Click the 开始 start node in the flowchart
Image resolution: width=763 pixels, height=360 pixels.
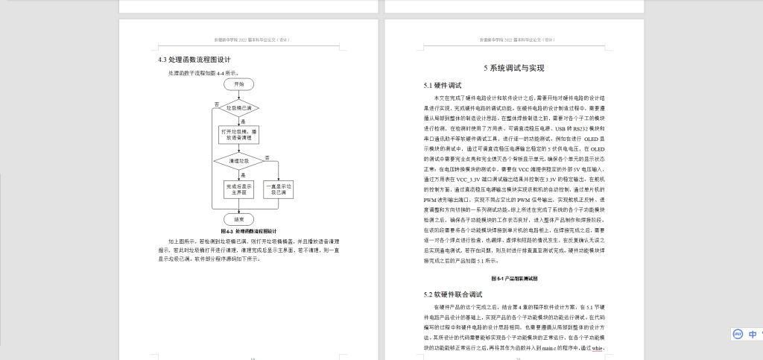tap(238, 84)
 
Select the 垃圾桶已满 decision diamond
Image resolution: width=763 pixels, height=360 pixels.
tap(238, 108)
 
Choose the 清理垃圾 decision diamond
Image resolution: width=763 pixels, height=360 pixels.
tap(238, 160)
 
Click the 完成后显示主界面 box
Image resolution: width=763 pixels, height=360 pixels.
tap(238, 190)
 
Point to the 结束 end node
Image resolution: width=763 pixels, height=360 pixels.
tap(238, 219)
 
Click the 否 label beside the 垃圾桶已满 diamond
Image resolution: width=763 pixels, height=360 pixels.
tap(217, 104)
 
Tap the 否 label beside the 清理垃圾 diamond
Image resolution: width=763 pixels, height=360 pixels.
tap(267, 157)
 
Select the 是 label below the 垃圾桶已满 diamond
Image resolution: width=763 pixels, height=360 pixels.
tap(243, 121)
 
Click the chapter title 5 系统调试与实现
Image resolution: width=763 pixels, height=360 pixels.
tap(513, 69)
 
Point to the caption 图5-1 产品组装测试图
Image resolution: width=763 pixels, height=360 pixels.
tap(514, 278)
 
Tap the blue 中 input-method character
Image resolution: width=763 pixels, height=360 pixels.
tap(753, 334)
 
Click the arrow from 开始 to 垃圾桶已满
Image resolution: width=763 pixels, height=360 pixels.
tap(238, 94)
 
